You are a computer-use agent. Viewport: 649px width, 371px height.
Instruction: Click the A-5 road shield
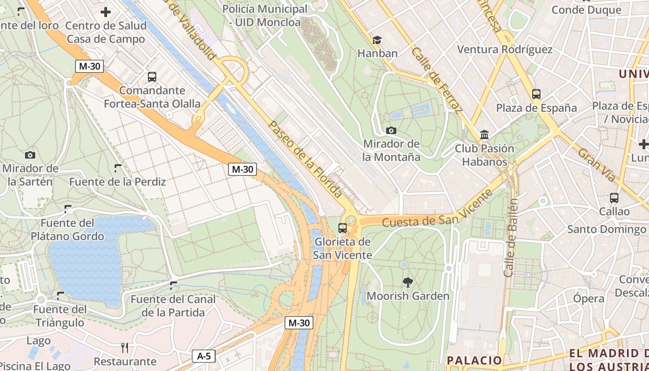[x=204, y=356]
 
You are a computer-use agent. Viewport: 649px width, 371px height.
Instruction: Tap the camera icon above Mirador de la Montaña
[x=391, y=130]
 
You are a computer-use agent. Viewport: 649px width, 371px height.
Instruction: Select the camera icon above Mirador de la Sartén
[x=30, y=155]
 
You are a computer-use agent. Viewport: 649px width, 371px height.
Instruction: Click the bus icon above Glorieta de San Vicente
[x=343, y=228]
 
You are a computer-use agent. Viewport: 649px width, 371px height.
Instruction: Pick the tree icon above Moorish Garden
[x=408, y=281]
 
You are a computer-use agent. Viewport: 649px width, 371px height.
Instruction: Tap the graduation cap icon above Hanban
[x=377, y=40]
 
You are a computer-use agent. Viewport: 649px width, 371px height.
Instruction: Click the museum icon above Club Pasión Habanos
[x=484, y=135]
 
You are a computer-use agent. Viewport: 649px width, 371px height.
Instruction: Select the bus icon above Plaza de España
[x=536, y=94]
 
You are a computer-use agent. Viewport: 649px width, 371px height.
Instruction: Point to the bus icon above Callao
[x=614, y=198]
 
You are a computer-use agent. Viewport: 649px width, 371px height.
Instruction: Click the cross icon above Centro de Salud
[x=106, y=12]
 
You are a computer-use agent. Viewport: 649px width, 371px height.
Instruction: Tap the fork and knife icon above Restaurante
[x=125, y=347]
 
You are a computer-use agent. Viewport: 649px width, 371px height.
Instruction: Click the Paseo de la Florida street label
[x=305, y=160]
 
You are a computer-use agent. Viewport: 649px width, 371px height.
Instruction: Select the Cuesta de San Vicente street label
[x=437, y=210]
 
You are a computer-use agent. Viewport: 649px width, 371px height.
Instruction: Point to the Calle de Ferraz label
[x=437, y=80]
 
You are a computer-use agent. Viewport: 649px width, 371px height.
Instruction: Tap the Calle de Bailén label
[x=511, y=238]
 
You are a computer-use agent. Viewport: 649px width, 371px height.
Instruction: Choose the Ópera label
[x=589, y=299]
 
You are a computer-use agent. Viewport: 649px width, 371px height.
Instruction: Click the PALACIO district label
[x=474, y=360]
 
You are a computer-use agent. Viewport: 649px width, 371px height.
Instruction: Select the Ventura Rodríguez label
[x=505, y=50]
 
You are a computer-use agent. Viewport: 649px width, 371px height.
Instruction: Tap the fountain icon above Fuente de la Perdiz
[x=118, y=168]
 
